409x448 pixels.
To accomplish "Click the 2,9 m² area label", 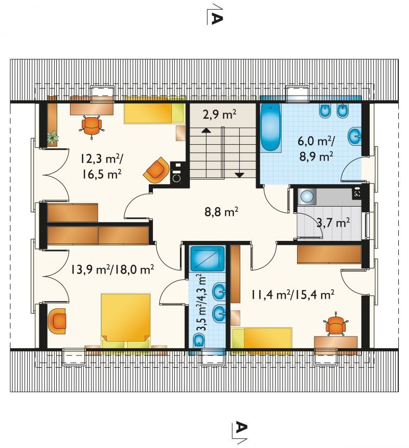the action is point(219,115).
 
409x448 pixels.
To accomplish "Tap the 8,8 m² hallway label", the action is point(221,212).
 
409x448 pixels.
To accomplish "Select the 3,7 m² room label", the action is point(333,222).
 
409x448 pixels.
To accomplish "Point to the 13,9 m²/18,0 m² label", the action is point(112,269).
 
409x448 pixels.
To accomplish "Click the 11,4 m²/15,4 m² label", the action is point(293,294).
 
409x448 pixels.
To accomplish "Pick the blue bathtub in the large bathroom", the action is point(270,127).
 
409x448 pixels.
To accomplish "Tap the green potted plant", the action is point(53,138).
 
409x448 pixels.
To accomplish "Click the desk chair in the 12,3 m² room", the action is point(92,126).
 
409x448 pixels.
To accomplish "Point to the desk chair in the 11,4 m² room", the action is point(335,325).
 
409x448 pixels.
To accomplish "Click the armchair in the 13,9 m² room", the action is point(57,321).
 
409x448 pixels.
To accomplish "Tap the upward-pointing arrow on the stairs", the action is point(206,130).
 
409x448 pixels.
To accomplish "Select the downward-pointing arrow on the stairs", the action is point(239,175).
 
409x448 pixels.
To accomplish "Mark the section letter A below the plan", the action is point(242,428).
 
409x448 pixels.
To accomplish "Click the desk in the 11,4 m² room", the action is point(335,345).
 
